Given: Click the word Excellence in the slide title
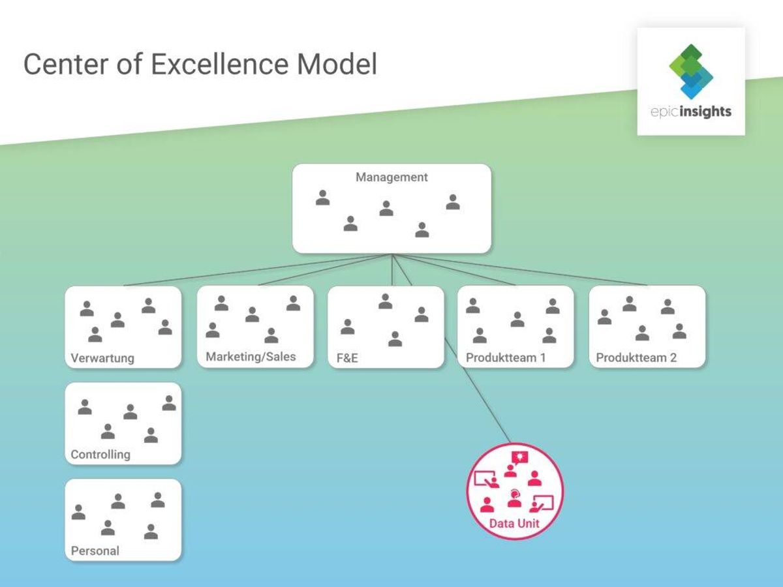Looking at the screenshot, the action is coord(219,64).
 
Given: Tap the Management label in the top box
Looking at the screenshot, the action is coord(391,177).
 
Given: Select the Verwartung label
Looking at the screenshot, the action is coord(102,358).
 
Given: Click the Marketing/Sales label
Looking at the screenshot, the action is coord(251,357).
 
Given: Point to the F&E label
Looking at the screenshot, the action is coord(347,358).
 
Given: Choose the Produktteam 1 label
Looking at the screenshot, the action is coord(506,357).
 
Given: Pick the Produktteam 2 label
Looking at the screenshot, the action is coord(636,357).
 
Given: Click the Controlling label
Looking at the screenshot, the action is coord(100,455).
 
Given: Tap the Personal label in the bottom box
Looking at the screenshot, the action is coord(95,550).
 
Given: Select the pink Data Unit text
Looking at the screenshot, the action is coord(514,524).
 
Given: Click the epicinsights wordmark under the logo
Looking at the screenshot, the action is coord(691,112).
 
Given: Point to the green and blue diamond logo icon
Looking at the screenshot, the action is coord(691,71).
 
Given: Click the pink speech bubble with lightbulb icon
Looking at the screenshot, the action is coord(520,457).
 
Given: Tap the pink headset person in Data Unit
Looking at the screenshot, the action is coord(514,498).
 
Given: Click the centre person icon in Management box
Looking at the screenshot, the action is coord(386,209).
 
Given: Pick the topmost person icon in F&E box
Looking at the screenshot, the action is coord(385,301).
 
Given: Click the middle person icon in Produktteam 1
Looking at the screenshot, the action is coord(517,320).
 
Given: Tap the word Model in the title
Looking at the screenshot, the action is coord(337,64).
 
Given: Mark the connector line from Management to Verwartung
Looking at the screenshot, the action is coord(258,270).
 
